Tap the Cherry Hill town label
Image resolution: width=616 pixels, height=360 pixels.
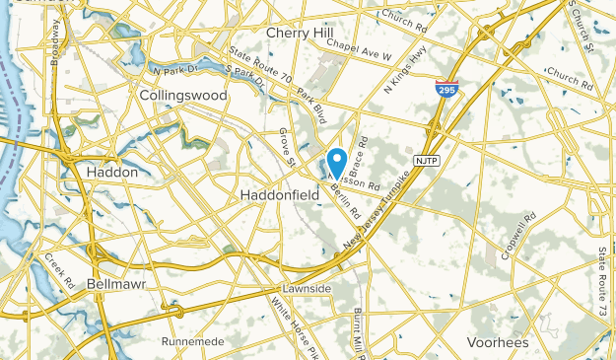tap(300, 33)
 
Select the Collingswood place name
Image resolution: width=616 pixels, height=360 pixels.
tap(183, 96)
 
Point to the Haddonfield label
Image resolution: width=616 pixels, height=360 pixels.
tap(280, 196)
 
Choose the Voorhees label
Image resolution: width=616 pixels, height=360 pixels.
tap(497, 342)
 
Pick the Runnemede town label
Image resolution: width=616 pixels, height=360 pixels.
tap(193, 341)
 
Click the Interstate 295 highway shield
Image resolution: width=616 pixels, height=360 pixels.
tap(445, 89)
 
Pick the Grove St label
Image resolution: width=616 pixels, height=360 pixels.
tap(286, 147)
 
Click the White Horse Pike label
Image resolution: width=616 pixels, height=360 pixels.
tap(296, 323)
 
